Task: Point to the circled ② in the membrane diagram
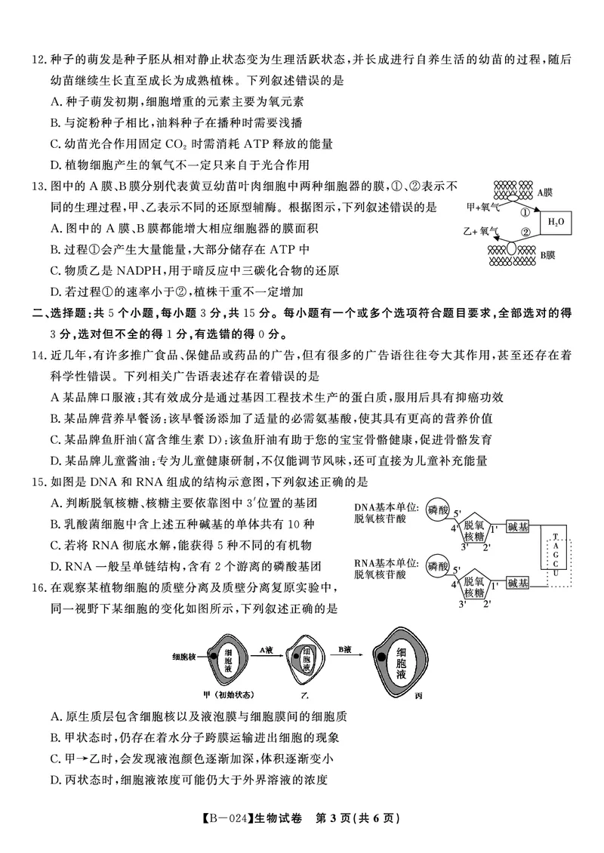click(525, 233)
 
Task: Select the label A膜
click(546, 192)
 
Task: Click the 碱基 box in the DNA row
click(518, 527)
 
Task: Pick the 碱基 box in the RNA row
click(518, 582)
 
